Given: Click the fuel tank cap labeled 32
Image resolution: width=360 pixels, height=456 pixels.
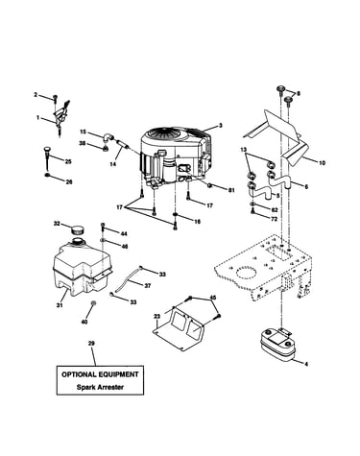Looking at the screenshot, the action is [x=77, y=229].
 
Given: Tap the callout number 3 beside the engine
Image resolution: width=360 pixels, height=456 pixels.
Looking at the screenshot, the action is [x=220, y=126].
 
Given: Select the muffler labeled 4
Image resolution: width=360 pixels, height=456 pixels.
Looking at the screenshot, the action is [x=276, y=345].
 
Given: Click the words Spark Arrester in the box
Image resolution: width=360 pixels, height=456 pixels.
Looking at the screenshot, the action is [x=100, y=387].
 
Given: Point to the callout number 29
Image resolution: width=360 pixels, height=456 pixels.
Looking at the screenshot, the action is [x=91, y=344].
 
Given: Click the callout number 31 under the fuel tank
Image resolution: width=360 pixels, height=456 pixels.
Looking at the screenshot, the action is [x=60, y=305].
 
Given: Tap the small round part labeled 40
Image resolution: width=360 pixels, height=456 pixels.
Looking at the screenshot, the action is [x=94, y=303].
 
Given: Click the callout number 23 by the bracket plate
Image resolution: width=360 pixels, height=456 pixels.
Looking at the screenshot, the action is [x=156, y=317].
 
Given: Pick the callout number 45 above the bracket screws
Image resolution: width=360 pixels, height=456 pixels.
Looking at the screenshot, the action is [x=213, y=298].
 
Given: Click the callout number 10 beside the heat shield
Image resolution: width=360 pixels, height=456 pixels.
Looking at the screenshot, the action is [x=322, y=163].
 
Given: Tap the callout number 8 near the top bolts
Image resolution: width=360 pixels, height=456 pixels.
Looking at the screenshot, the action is [x=299, y=93].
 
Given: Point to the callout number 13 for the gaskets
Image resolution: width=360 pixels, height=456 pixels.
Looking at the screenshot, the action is [x=244, y=150].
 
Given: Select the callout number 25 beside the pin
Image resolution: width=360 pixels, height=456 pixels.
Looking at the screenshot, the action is [x=68, y=161].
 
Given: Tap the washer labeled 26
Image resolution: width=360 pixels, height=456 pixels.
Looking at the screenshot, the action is [x=47, y=175].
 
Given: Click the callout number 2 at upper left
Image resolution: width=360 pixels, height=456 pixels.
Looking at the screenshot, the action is [x=36, y=94].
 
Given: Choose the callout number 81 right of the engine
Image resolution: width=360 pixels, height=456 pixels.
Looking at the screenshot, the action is [x=231, y=190].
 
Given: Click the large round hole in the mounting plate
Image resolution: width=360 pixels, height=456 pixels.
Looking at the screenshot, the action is [x=246, y=273].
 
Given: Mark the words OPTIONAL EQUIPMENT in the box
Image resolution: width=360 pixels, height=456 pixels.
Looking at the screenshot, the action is [x=100, y=374].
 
